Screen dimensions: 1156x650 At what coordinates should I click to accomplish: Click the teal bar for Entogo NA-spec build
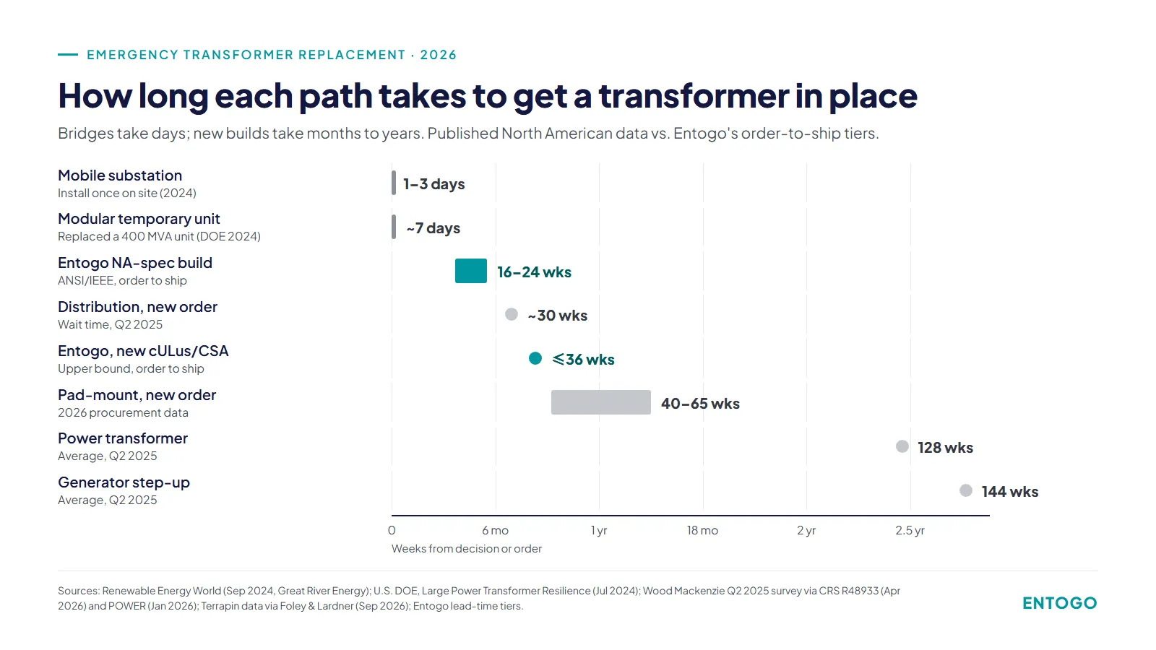point(470,271)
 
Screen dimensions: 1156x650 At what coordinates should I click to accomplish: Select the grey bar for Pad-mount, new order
point(600,402)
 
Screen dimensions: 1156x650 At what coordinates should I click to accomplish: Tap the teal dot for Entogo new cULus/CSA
point(535,358)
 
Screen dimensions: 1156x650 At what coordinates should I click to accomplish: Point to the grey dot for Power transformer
point(902,447)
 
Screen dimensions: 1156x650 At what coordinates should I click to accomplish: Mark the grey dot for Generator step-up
point(966,490)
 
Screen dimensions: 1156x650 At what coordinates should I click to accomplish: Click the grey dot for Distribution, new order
point(512,314)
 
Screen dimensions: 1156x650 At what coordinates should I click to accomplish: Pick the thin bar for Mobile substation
point(394,183)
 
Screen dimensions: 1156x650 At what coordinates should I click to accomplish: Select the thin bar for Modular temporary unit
point(394,227)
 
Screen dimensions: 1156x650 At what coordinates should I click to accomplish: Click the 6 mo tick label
point(496,530)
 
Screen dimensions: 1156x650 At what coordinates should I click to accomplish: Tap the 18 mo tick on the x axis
point(702,530)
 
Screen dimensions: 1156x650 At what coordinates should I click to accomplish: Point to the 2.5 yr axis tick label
point(910,530)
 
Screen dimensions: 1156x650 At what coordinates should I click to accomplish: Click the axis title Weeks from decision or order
point(467,549)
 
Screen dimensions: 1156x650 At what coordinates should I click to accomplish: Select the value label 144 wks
point(1010,492)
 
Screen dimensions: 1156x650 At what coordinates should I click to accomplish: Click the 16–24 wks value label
point(534,272)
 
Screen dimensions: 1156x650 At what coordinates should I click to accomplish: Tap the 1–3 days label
point(434,184)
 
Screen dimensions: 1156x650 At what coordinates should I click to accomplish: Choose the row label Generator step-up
point(124,482)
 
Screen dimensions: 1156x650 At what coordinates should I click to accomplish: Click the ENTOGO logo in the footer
point(1060,603)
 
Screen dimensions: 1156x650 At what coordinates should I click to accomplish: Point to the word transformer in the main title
point(693,95)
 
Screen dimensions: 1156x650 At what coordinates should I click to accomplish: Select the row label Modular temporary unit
point(139,219)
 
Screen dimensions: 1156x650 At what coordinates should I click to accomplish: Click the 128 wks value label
point(946,448)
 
